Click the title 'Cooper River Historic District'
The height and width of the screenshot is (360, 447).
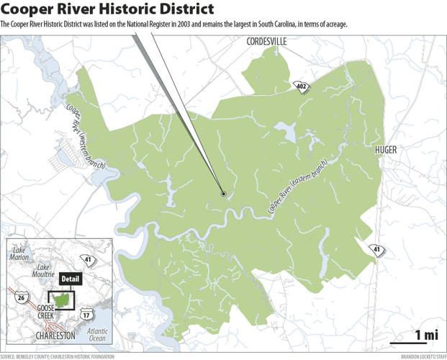coord(107,9)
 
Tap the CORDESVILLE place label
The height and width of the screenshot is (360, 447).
coord(266,42)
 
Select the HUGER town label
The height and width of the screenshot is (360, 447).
coord(386,150)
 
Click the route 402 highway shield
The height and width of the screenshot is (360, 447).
coord(299,87)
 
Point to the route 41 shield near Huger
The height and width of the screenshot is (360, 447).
coord(376,249)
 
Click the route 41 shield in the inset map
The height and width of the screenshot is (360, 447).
coord(89,259)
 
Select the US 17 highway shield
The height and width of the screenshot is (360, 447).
coord(86,315)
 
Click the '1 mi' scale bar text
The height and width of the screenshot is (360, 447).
coord(426,334)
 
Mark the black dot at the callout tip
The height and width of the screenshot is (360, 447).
coord(223,194)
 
